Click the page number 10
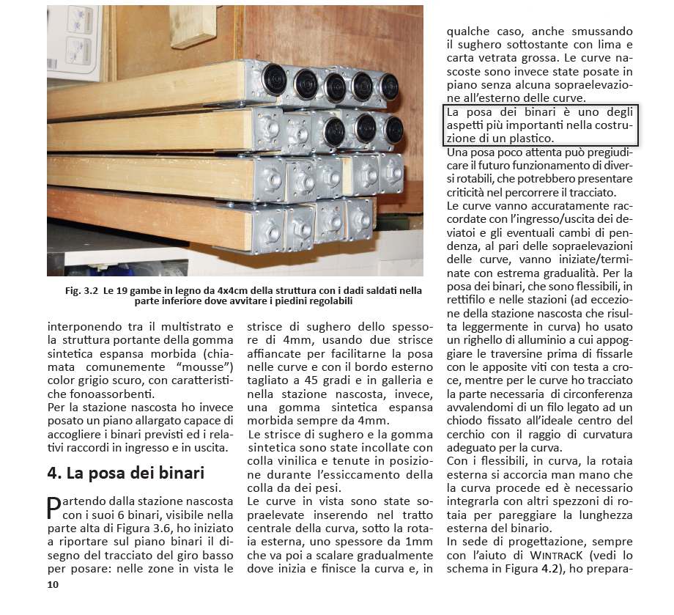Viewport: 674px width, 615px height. [x=52, y=584]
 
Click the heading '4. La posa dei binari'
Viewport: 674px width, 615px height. [x=125, y=472]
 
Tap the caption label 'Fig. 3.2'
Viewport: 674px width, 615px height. [x=81, y=290]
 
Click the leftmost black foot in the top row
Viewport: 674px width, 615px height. [x=274, y=78]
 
